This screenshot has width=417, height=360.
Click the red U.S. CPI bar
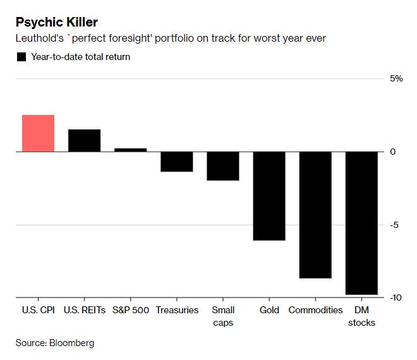click(x=38, y=133)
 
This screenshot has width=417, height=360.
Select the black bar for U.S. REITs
click(x=84, y=140)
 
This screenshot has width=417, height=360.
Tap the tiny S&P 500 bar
click(x=130, y=150)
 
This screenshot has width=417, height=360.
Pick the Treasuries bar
click(x=176, y=162)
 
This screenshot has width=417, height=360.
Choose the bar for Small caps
click(x=222, y=166)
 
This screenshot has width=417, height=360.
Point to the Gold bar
click(x=269, y=196)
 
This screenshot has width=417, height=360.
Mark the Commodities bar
click(x=315, y=215)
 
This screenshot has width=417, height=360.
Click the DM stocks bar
click(x=361, y=223)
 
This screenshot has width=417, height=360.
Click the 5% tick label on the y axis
click(x=396, y=78)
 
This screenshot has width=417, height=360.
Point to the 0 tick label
click(x=392, y=152)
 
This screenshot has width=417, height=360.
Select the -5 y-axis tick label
click(x=394, y=225)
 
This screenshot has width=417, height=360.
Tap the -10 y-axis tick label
click(x=396, y=297)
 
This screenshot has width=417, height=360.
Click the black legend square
click(x=21, y=57)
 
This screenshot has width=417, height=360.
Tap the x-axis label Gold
click(x=269, y=310)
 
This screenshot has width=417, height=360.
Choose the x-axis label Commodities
click(x=315, y=310)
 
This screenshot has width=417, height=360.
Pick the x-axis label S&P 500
click(x=130, y=310)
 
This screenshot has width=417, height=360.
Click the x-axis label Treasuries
click(x=177, y=310)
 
